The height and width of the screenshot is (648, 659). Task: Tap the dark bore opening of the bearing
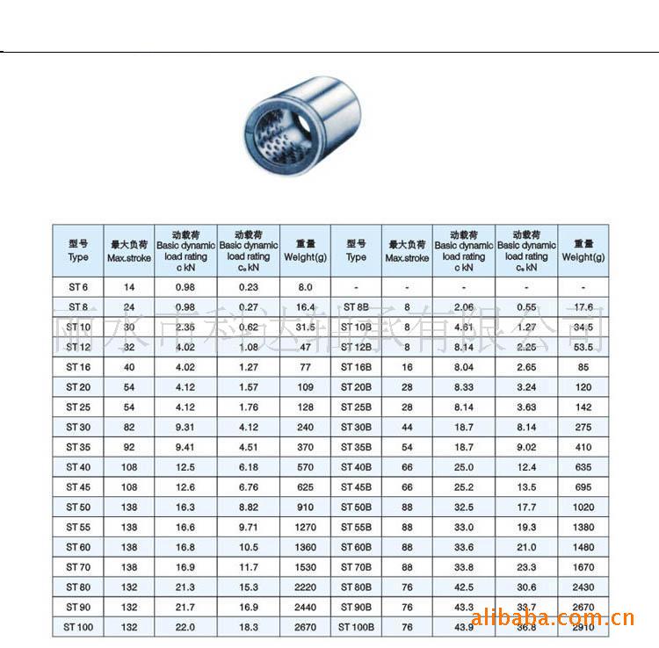[272, 139]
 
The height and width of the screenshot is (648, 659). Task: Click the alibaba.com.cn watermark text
[553, 618]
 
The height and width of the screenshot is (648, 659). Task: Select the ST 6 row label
[78, 287]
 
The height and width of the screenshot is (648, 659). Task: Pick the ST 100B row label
[356, 627]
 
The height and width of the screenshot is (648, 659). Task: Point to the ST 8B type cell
[356, 307]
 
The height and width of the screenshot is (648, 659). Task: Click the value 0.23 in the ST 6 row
[249, 287]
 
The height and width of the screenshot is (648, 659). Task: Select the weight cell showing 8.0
[305, 287]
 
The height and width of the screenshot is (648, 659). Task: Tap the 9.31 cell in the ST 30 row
[185, 427]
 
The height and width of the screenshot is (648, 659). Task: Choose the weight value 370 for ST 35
[305, 447]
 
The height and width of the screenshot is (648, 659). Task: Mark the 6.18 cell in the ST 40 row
[249, 467]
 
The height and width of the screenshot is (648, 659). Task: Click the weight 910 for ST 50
[305, 507]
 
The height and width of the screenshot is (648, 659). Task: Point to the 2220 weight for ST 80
[305, 587]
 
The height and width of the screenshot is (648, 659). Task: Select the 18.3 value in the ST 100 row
[249, 627]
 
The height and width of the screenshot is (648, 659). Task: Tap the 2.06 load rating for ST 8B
[464, 307]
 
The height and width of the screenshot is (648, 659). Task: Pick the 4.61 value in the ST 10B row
[464, 328]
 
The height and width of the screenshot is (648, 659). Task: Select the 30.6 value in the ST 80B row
[526, 587]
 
